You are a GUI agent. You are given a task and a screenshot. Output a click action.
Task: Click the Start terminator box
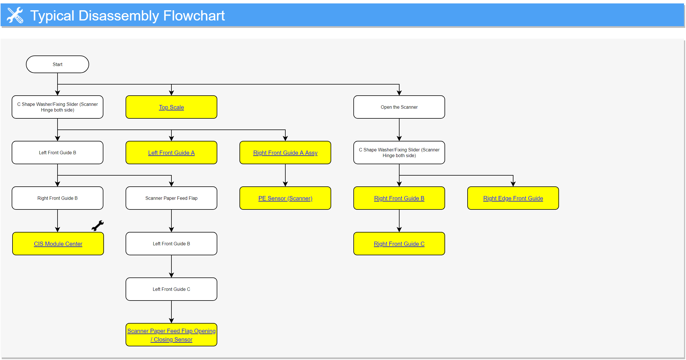click(58, 64)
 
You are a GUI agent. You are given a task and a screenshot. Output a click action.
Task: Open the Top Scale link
click(171, 107)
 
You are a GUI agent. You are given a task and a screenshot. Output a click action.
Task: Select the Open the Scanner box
click(399, 107)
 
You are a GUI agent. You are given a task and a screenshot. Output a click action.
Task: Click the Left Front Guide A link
click(171, 153)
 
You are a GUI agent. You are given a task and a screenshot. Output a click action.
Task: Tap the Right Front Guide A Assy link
click(285, 153)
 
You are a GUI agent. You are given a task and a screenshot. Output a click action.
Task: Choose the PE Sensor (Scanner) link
click(285, 198)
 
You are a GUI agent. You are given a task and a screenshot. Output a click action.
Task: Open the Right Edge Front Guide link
click(513, 198)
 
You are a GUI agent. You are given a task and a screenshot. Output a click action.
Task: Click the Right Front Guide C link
click(399, 244)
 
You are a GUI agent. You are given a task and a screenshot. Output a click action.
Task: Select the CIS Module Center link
click(58, 244)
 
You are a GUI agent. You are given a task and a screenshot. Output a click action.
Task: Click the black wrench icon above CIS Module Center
click(97, 226)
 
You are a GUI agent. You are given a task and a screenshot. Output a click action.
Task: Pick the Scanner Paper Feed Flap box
click(171, 198)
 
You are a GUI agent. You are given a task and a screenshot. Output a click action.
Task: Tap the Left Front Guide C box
click(171, 289)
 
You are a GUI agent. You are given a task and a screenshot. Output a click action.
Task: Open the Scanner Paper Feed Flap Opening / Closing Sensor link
click(171, 335)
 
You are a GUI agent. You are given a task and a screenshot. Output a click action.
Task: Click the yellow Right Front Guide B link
click(399, 198)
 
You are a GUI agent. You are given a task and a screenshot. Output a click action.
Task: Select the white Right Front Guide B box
click(58, 198)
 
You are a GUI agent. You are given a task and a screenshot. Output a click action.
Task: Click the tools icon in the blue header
click(15, 15)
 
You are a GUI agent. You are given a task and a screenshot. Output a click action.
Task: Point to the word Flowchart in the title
click(194, 16)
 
